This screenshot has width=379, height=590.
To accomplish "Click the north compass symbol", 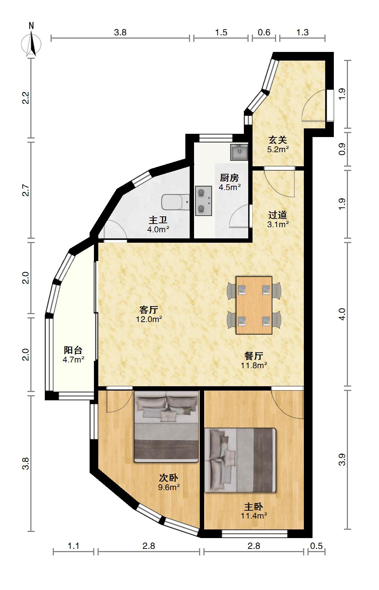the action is coord(31,43).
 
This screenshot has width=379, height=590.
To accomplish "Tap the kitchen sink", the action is coord(239,152).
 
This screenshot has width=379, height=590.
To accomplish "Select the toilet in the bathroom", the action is coord(176,202).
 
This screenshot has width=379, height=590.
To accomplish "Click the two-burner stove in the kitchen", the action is coord(203,201).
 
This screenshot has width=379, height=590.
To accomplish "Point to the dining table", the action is coord(254,305).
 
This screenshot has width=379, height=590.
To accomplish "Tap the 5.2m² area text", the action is coord(278,149).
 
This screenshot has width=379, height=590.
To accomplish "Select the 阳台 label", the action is coord(73,350).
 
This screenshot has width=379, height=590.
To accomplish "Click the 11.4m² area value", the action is coord(254,515).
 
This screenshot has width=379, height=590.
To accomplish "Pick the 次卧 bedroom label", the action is coord(169,477).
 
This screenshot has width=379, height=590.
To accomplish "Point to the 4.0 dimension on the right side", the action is coord(342,314).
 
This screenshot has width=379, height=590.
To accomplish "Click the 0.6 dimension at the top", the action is coord(264,32).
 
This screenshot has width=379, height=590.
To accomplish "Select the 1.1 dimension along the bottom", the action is coord(73,546).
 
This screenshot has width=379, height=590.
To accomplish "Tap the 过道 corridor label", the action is coord(277,215).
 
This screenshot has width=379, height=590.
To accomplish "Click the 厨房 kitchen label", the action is coord(229,178).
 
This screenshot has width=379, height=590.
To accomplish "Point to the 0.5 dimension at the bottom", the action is coord(316,546).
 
